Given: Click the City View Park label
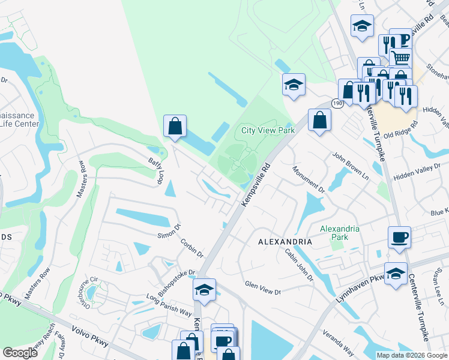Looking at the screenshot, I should point(268,130).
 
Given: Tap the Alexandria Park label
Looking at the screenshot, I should point(340,233).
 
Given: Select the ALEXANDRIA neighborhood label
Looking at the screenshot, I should point(285,241).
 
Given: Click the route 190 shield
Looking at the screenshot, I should point(337,104).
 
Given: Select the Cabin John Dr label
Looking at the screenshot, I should point(299,265).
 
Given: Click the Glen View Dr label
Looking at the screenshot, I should point(262,287).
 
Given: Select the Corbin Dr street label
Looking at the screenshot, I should point(192,248).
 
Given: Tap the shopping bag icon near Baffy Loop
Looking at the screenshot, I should point(175,126).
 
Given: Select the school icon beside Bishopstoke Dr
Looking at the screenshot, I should point(204,290).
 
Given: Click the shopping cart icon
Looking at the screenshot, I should point(401,58).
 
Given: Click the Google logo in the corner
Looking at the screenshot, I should point(20,353).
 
